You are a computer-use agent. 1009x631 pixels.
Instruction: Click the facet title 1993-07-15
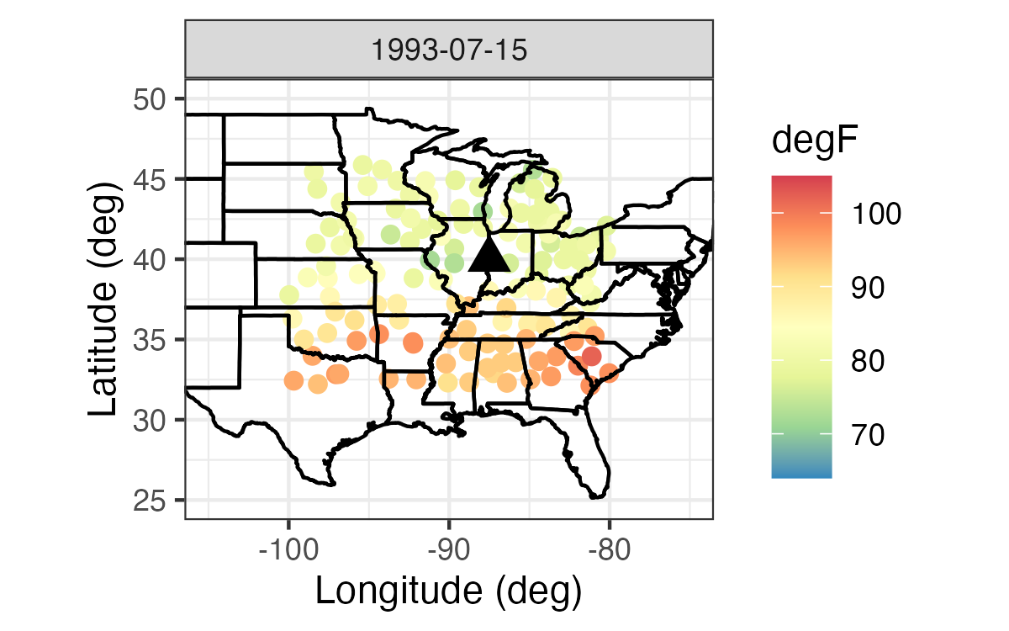click(x=449, y=50)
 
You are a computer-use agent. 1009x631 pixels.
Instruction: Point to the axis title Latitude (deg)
click(x=105, y=299)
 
